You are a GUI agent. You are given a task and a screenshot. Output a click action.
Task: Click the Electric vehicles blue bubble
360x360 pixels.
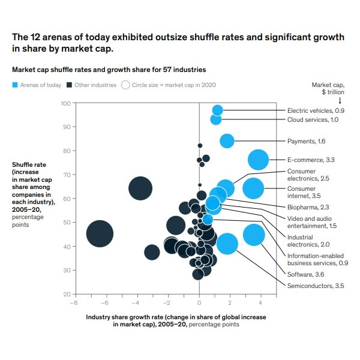tap(217, 110)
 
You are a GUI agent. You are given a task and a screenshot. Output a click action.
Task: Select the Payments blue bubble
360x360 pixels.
tap(227, 141)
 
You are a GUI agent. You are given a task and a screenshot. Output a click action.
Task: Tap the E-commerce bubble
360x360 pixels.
tap(258, 160)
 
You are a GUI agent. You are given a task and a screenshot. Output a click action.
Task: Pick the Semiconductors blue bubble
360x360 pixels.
tap(227, 244)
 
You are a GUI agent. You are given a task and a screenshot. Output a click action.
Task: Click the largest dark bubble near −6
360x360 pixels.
tap(100, 234)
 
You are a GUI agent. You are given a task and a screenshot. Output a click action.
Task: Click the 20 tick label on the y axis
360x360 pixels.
tap(67, 295)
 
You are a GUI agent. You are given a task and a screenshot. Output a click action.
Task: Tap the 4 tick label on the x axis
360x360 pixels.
tap(260, 303)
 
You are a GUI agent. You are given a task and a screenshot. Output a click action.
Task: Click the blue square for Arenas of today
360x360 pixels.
tap(15, 85)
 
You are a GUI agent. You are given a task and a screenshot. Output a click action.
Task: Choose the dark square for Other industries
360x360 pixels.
tap(69, 85)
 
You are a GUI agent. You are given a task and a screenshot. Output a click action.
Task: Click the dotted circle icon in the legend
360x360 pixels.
tap(125, 85)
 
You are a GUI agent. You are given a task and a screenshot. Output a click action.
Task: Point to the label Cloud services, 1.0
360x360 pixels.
tap(313, 119)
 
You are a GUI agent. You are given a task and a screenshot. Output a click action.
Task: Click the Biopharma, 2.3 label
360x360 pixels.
tap(308, 208)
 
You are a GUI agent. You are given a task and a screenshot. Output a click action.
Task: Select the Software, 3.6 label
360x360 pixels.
tap(305, 274)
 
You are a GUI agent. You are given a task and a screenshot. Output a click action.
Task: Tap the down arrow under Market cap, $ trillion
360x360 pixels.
tap(340, 100)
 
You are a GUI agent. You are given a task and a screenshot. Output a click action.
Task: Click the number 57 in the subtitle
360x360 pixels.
tap(167, 70)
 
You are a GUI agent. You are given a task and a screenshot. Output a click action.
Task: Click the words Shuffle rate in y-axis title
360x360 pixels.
tap(29, 164)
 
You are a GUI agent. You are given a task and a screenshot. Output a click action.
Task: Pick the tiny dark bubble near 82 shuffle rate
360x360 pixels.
tap(200, 146)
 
